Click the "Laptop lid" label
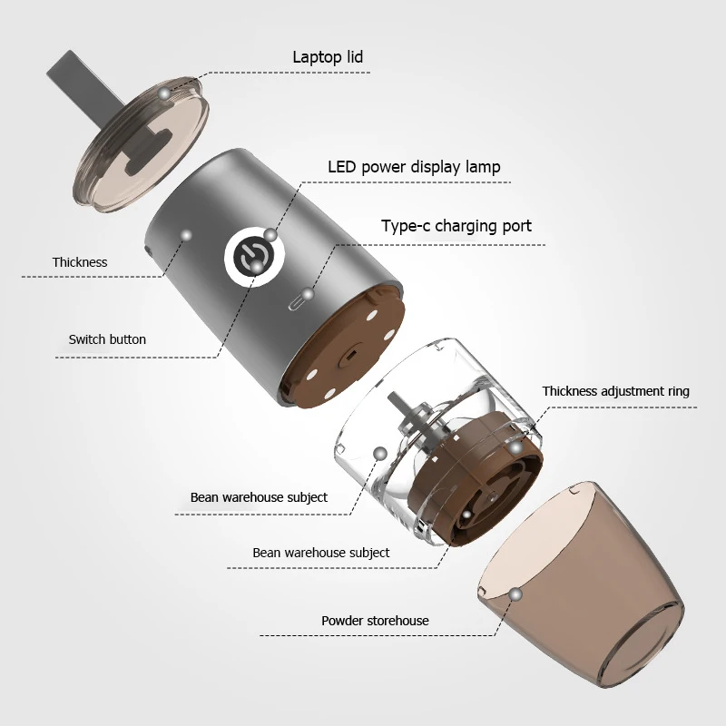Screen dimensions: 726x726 [x=328, y=57]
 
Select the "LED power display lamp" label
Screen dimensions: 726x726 [x=414, y=167]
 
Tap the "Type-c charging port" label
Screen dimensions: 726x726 [x=456, y=226]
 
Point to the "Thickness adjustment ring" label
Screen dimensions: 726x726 [x=615, y=391]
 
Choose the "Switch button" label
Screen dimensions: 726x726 [x=107, y=339]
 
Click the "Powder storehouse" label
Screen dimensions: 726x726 [x=375, y=621]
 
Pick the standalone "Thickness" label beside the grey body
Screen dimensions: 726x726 [x=80, y=262]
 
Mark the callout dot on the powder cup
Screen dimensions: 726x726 [x=516, y=594]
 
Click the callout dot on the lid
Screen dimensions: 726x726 [x=163, y=93]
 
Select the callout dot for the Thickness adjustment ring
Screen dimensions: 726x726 [x=515, y=447]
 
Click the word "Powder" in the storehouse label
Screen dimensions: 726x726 [x=343, y=621]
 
